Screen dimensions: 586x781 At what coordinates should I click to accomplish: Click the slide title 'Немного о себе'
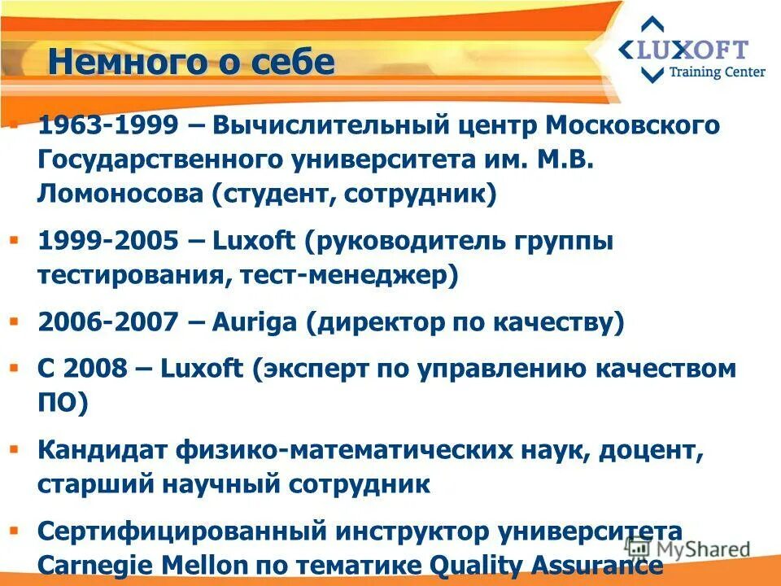[191, 63]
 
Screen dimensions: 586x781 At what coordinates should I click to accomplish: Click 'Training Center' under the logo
[716, 72]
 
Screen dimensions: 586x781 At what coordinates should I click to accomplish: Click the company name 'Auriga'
[254, 323]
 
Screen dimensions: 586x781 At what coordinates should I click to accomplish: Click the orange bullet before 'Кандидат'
[14, 448]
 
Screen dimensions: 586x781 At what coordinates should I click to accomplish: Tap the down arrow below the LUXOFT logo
[652, 76]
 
